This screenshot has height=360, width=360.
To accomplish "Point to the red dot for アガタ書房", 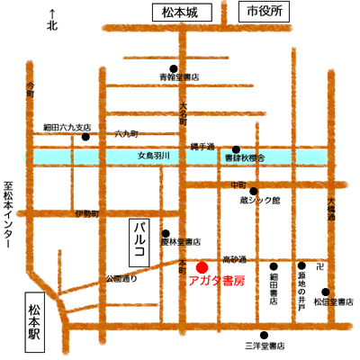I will pyautogui.click(x=202, y=266).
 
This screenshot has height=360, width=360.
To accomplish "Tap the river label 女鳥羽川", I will pyautogui.click(x=159, y=156).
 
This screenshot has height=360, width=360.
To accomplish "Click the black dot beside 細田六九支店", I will pyautogui.click(x=85, y=138).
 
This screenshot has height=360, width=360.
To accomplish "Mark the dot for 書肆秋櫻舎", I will pyautogui.click(x=237, y=148).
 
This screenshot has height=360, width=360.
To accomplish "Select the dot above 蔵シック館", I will pyautogui.click(x=254, y=191).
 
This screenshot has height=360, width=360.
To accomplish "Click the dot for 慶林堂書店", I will pyautogui.click(x=166, y=232).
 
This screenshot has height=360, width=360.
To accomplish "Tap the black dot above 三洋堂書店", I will pyautogui.click(x=263, y=330).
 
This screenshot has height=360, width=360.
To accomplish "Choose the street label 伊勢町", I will pyautogui.click(x=87, y=213).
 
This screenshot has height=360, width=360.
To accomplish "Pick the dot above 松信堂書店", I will pyautogui.click(x=326, y=292).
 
